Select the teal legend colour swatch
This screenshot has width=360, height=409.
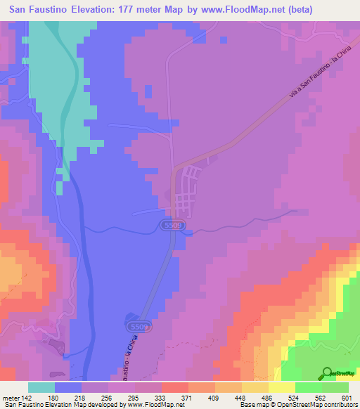pyautogui.click(x=41, y=387)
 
